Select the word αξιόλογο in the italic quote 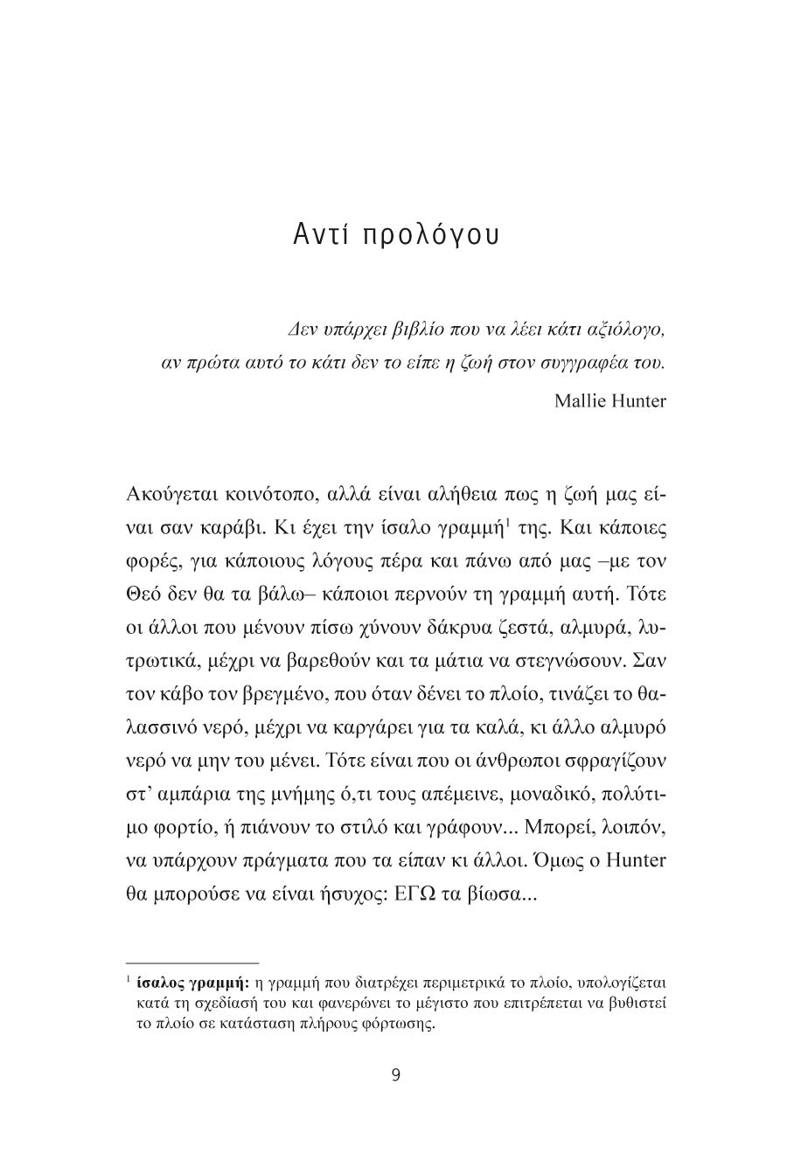coord(627,330)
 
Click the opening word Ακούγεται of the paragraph coord(175,494)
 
